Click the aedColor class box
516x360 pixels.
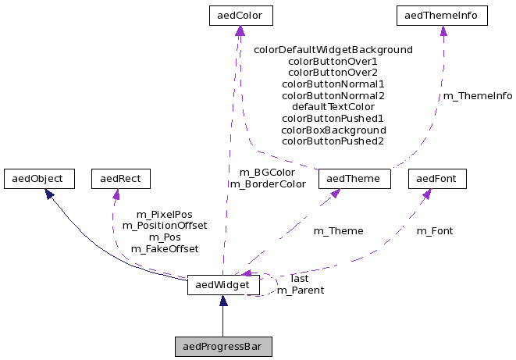tap(240, 15)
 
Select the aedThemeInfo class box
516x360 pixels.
tap(443, 15)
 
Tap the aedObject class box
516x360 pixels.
tap(38, 179)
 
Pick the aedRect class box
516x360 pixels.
tap(120, 179)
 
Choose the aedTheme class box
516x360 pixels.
tap(354, 179)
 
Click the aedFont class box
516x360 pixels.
tap(437, 179)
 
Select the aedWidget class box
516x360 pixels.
tap(223, 286)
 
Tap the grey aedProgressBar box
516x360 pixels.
tap(223, 346)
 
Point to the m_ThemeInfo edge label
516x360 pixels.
tap(478, 96)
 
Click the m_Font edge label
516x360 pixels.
tap(435, 231)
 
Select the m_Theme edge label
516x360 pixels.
tap(338, 231)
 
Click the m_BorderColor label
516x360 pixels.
tap(267, 184)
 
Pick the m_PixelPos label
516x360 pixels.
tap(164, 214)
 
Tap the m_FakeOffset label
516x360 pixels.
tap(164, 249)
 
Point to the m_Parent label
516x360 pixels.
tap(301, 290)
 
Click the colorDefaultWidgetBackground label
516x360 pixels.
tap(333, 49)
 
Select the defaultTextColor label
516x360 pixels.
tap(333, 107)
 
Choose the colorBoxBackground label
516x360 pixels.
tap(333, 130)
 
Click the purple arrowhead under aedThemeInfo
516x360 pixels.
tap(443, 31)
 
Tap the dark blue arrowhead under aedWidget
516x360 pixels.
tap(223, 301)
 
